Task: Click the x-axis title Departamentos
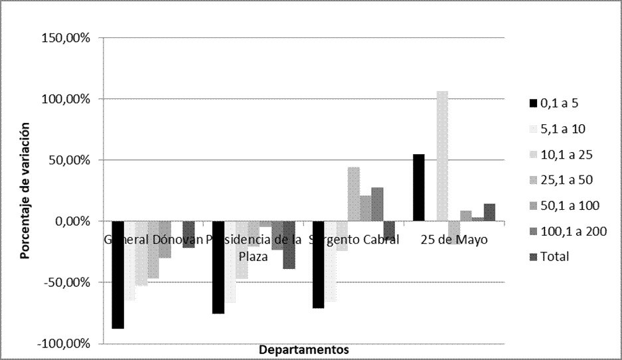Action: pos(303,349)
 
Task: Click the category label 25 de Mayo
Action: pos(454,240)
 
